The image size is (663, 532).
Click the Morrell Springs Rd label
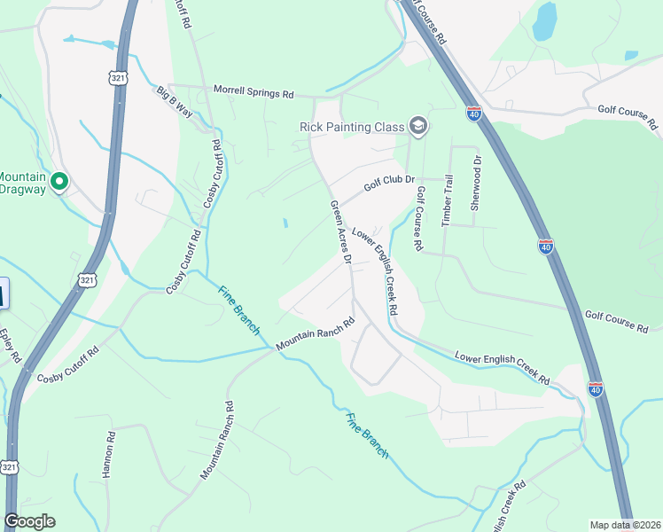click(253, 92)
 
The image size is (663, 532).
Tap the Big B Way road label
click(175, 101)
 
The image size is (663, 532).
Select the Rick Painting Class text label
click(352, 127)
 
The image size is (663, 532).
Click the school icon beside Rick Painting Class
click(418, 127)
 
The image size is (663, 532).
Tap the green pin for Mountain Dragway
click(59, 182)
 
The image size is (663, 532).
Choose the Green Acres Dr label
click(341, 232)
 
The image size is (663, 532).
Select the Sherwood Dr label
click(476, 183)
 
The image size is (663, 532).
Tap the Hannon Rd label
click(108, 455)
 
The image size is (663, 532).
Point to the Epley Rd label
click(10, 346)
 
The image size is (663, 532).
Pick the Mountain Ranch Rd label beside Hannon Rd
click(216, 441)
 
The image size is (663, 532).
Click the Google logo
click(30, 521)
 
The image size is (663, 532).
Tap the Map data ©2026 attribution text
click(625, 525)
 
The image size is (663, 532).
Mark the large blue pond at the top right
click(545, 21)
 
